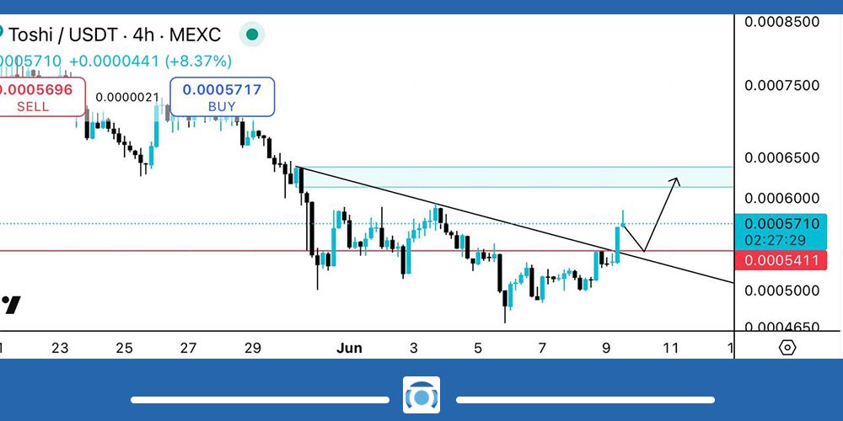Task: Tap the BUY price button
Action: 222,96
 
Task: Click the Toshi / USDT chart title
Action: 113,35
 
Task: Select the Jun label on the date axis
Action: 348,348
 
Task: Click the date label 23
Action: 59,348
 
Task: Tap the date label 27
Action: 188,348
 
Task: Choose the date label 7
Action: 542,348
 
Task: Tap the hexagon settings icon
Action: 787,347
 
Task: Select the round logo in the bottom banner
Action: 421,397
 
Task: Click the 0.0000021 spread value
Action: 127,97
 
